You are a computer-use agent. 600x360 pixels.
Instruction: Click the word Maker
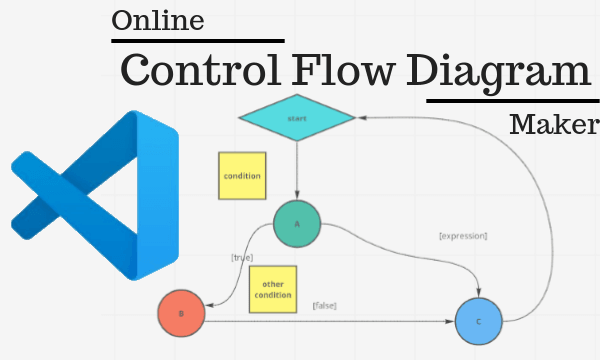click(552, 126)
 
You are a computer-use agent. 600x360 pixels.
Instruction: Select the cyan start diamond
click(297, 118)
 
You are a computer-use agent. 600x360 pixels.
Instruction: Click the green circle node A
click(296, 224)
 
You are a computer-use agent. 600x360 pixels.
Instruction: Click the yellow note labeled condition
click(241, 176)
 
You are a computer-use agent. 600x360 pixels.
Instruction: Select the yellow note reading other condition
click(272, 289)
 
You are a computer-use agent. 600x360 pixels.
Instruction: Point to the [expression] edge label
click(463, 236)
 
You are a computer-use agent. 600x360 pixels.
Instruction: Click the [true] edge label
click(242, 257)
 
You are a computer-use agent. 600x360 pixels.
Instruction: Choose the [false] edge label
click(323, 305)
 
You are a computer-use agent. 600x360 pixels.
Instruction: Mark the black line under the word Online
click(197, 40)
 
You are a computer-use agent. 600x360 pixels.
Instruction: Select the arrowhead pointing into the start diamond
click(362, 117)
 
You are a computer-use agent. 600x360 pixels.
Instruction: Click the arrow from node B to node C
click(330, 322)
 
